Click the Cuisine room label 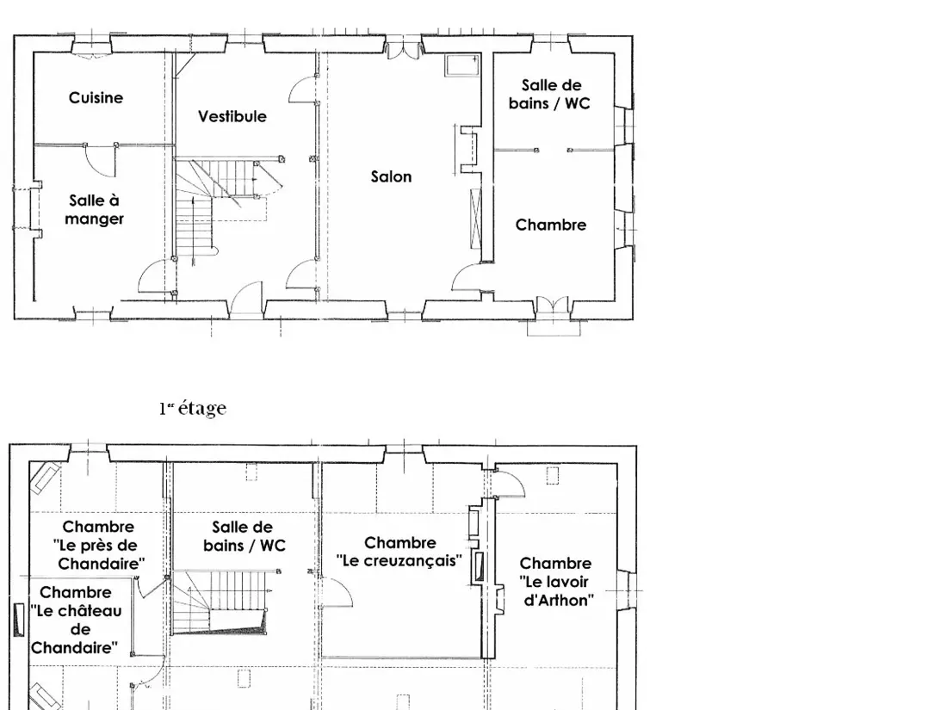click(x=96, y=98)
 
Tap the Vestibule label click(x=232, y=116)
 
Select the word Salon click(x=392, y=177)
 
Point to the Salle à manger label click(x=94, y=209)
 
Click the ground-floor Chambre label click(x=551, y=225)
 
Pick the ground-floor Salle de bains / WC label click(x=549, y=94)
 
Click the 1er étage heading click(x=193, y=408)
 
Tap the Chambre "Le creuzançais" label click(x=399, y=552)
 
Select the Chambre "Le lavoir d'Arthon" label click(x=556, y=582)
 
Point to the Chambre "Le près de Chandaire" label click(x=99, y=545)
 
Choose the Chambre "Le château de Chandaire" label click(x=76, y=620)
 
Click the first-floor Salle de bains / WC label click(x=244, y=537)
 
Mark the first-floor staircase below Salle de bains click(x=220, y=602)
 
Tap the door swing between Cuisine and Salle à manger click(x=100, y=161)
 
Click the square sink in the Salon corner click(x=462, y=65)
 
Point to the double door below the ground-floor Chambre click(x=553, y=306)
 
